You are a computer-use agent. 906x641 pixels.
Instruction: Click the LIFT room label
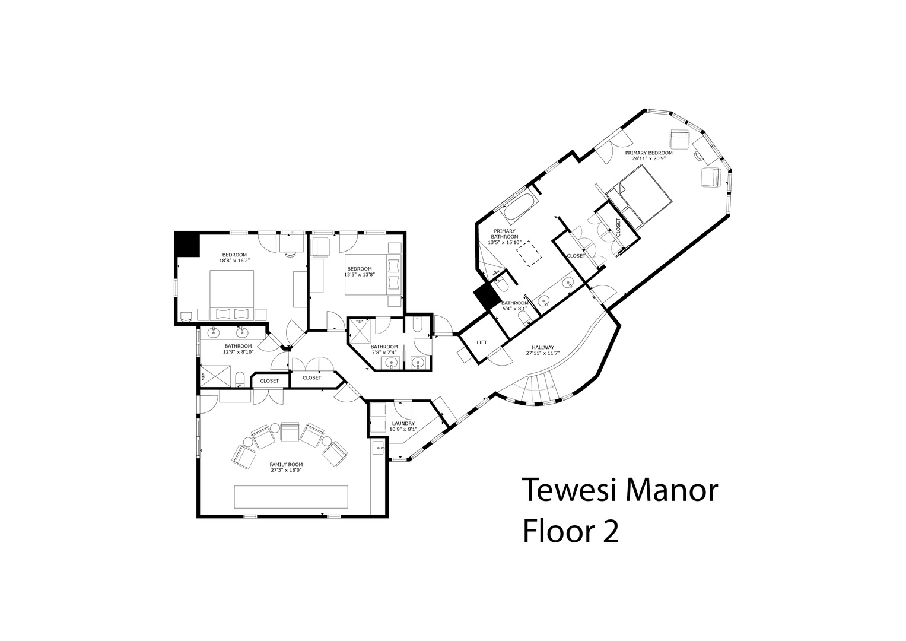pos(482,342)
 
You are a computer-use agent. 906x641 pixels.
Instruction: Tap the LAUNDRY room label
pos(403,423)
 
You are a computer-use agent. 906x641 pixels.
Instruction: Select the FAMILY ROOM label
pos(287,465)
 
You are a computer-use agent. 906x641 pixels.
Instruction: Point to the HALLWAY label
pos(543,347)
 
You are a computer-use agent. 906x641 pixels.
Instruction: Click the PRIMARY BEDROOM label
pos(648,153)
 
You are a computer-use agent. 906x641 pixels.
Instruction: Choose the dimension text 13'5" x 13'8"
pos(360,274)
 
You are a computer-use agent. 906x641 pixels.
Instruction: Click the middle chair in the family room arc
pos(290,432)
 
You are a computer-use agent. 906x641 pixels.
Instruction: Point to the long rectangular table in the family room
pos(291,497)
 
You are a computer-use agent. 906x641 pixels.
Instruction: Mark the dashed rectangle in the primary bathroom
pos(529,253)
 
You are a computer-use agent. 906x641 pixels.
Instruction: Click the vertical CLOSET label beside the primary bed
pos(618,227)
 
